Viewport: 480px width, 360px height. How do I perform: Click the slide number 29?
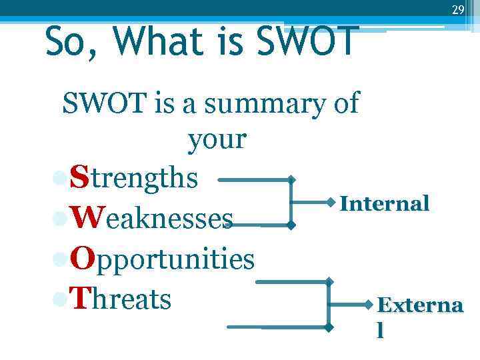(x=457, y=10)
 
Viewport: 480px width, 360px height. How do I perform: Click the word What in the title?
(x=157, y=41)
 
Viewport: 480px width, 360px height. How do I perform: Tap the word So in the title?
(x=69, y=41)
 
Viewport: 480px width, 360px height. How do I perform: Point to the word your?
(x=217, y=140)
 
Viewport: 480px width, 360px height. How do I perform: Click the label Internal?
(x=385, y=203)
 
